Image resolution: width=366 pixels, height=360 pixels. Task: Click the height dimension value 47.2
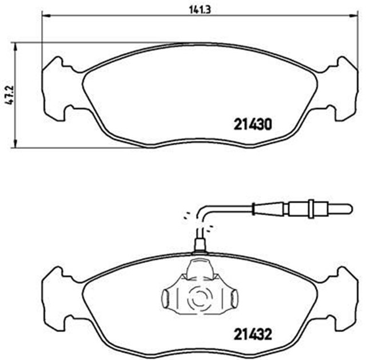pyautogui.click(x=7, y=94)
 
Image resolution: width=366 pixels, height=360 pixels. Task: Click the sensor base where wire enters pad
pyautogui.click(x=200, y=245)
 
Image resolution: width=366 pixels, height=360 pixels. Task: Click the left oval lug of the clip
pyautogui.click(x=165, y=297)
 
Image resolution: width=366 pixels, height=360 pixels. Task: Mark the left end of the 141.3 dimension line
pyautogui.click(x=42, y=17)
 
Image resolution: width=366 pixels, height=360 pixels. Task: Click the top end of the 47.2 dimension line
pyautogui.click(x=15, y=42)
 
